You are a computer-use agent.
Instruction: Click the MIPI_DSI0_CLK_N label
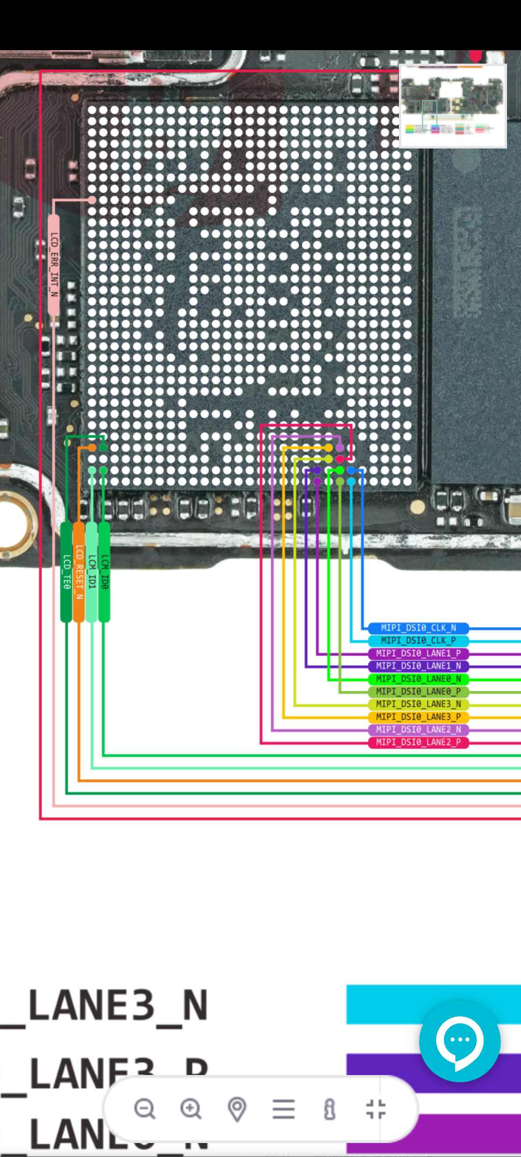coord(418,628)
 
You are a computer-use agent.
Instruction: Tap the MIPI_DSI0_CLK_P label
coord(418,640)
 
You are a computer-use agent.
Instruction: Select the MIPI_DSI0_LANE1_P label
coord(418,653)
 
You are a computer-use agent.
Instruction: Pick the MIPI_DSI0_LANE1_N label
coord(418,666)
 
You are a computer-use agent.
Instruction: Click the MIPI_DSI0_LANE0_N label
coord(418,679)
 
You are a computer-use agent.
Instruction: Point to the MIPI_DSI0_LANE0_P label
coord(418,691)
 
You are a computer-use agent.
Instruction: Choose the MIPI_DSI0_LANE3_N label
coord(418,704)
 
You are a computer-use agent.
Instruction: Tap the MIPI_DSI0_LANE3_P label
coord(418,717)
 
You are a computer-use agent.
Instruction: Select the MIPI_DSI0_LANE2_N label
coord(418,729)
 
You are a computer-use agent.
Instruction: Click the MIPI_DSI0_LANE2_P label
coord(418,742)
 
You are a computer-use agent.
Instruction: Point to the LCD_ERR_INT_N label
coord(54,265)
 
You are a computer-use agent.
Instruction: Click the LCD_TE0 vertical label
coord(67,572)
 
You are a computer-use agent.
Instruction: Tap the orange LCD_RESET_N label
coord(79,572)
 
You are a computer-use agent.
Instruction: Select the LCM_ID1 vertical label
coord(92,572)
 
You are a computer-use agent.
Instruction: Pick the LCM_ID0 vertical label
coord(104,572)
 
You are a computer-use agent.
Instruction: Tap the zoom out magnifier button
coord(144,1108)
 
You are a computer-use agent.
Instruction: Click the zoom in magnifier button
coord(191,1108)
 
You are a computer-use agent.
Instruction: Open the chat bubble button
coord(459,1040)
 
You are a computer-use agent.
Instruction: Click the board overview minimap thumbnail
coord(452,106)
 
